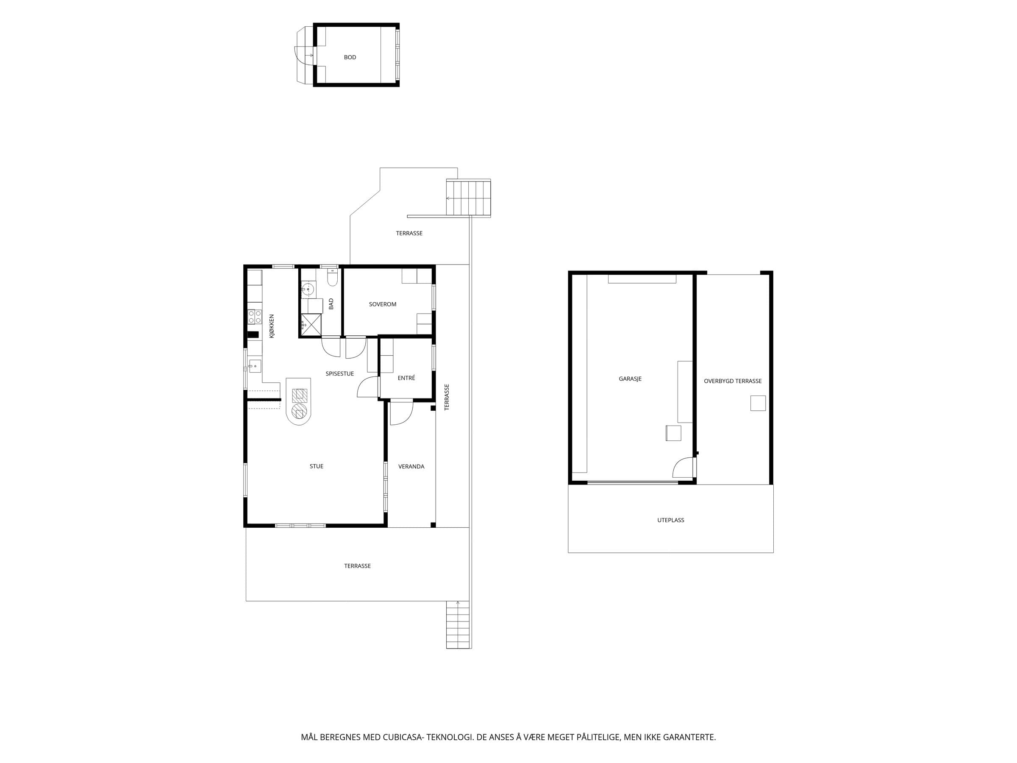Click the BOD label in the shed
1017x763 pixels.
click(350, 58)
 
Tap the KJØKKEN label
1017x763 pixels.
click(272, 326)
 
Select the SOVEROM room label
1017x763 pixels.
click(383, 304)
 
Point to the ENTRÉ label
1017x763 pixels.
click(406, 378)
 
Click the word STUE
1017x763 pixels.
click(316, 466)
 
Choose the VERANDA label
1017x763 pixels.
click(411, 466)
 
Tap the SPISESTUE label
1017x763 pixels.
click(340, 374)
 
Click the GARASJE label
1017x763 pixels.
click(630, 379)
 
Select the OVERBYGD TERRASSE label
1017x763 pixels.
click(733, 381)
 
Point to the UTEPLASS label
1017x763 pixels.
click(671, 520)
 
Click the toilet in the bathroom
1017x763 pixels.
click(332, 277)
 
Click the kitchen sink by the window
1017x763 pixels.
click(255, 366)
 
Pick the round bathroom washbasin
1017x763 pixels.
click(308, 289)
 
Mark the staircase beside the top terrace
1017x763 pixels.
click(468, 198)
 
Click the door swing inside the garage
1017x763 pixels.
click(683, 467)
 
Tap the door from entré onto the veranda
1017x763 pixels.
click(401, 413)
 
